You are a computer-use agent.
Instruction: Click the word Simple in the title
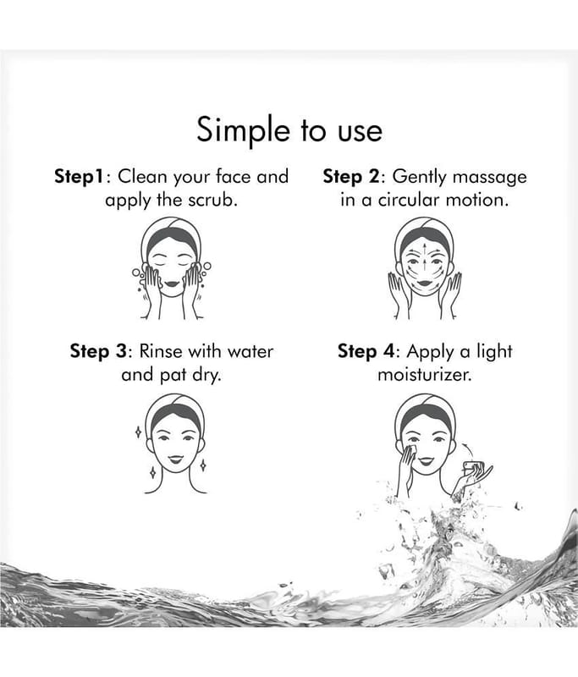(243, 130)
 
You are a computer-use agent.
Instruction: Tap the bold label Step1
(80, 177)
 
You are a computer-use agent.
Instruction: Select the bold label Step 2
(351, 177)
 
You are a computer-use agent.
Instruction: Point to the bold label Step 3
(98, 351)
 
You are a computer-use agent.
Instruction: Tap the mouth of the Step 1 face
(172, 283)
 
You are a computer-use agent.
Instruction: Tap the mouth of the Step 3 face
(176, 459)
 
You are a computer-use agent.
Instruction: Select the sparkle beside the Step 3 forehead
(138, 432)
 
